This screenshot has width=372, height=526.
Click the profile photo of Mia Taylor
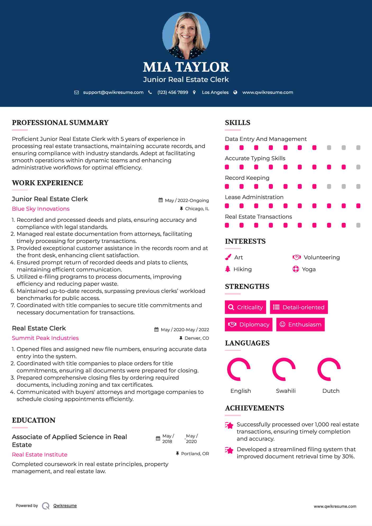(186, 36)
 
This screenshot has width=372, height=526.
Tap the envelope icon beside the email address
(76, 93)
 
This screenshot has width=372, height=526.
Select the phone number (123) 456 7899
(173, 93)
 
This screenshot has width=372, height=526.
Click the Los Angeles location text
(215, 93)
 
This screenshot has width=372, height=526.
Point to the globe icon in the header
(235, 93)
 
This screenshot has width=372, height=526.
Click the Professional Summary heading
(60, 123)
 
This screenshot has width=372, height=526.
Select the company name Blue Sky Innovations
(41, 209)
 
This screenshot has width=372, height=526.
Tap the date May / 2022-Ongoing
(187, 200)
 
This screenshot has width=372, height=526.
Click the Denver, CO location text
(197, 338)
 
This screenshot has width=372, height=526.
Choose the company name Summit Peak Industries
(45, 338)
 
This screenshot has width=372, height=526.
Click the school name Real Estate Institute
(40, 455)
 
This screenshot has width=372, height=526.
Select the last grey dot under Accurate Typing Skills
(358, 167)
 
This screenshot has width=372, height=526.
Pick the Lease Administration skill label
(254, 197)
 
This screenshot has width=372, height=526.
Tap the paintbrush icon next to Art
(228, 257)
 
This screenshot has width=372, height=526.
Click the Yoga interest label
(309, 269)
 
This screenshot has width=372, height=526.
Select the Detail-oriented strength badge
(299, 307)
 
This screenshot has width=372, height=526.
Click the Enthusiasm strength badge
(300, 324)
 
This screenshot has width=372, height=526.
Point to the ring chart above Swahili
(284, 369)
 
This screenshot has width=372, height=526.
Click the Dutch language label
(331, 391)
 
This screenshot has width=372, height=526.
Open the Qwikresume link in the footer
(65, 506)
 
